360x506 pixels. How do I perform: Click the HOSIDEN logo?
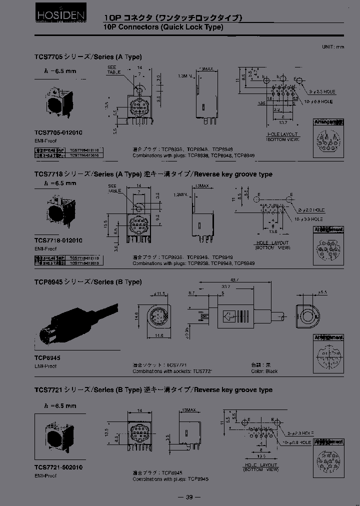[54, 17]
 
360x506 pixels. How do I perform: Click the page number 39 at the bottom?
[189, 496]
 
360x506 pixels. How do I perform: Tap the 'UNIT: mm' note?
[333, 46]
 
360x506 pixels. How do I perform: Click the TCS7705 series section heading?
[88, 56]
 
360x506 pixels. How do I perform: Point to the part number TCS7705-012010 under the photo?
[58, 132]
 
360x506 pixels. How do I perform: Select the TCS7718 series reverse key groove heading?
[153, 174]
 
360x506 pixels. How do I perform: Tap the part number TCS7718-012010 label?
[58, 240]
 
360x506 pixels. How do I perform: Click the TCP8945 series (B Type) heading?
[88, 282]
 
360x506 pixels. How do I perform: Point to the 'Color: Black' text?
[264, 371]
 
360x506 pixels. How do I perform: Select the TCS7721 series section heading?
[153, 389]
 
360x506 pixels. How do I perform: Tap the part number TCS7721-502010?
[58, 467]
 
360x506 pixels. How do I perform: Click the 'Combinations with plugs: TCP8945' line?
[170, 479]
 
